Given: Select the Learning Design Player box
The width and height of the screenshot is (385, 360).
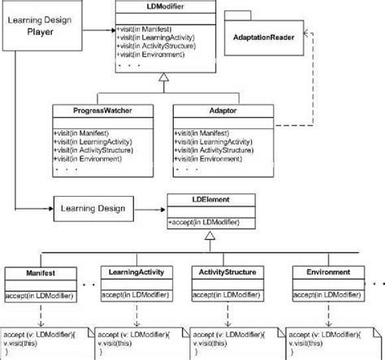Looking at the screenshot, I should tap(51, 26).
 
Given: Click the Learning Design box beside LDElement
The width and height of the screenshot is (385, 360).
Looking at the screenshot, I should tap(92, 209).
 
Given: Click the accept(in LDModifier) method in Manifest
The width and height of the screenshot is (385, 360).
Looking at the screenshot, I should tap(36, 294).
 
